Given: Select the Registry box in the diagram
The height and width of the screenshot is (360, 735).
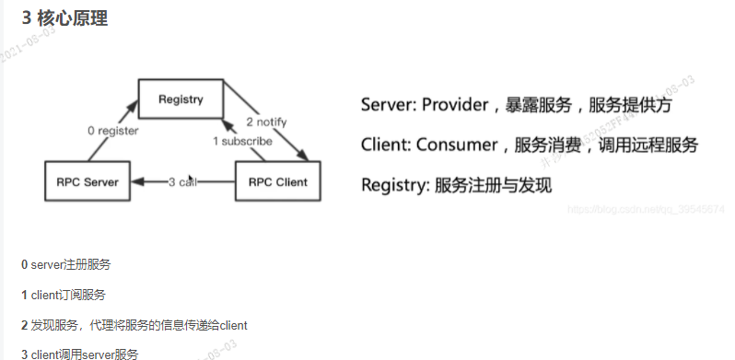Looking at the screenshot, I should tap(180, 98).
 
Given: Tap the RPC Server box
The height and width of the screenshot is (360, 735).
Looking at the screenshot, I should tap(87, 181).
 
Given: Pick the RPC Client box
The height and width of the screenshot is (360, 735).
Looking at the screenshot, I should tap(277, 181).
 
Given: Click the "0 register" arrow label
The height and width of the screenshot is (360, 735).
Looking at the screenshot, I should tap(112, 131).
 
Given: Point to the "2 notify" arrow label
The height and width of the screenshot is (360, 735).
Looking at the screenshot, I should tap(268, 122).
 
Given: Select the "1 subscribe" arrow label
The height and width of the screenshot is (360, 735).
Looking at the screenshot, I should tap(242, 141).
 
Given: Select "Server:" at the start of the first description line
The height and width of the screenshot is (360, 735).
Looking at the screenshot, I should tap(388, 105).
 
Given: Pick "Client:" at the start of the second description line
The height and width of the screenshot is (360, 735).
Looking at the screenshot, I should tap(385, 145).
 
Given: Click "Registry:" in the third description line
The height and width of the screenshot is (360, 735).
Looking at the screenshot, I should tap(396, 184).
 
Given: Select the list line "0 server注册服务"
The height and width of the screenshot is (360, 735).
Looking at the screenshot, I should tap(65, 264).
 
